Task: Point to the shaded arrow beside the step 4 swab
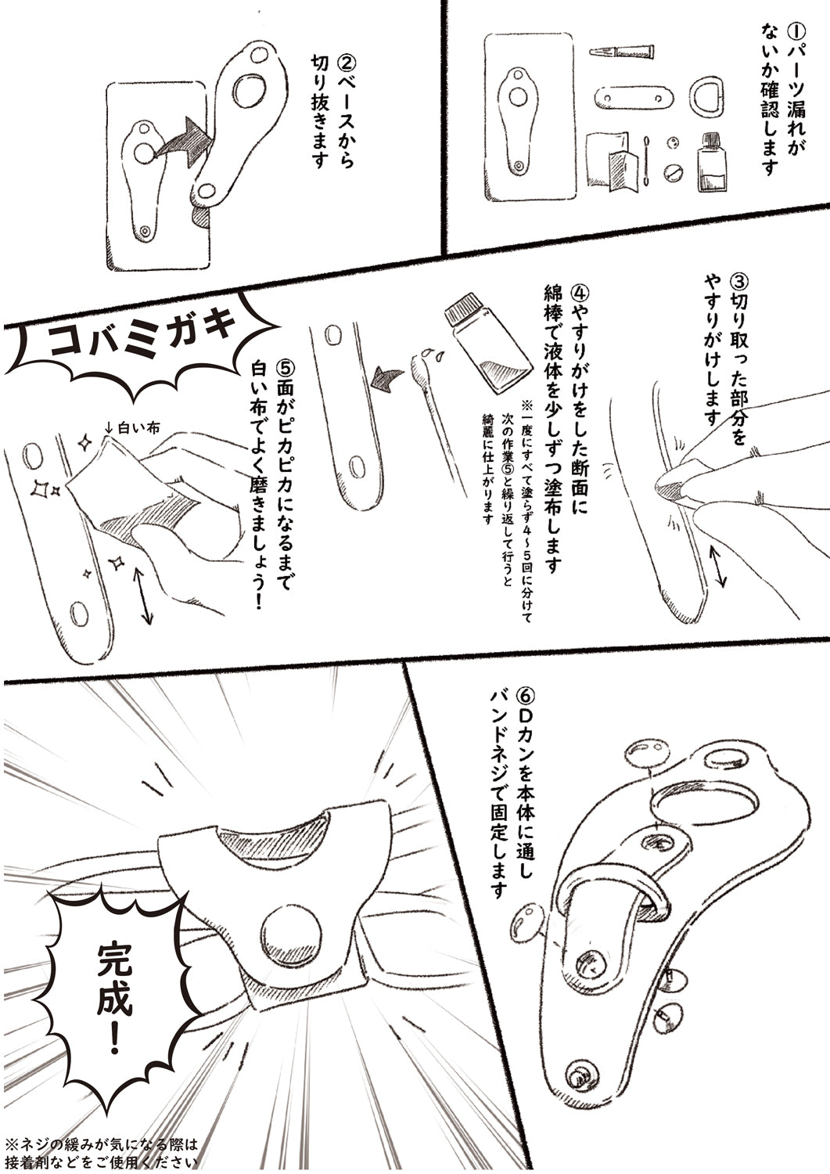coord(386,380)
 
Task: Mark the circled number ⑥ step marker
coord(523,697)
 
